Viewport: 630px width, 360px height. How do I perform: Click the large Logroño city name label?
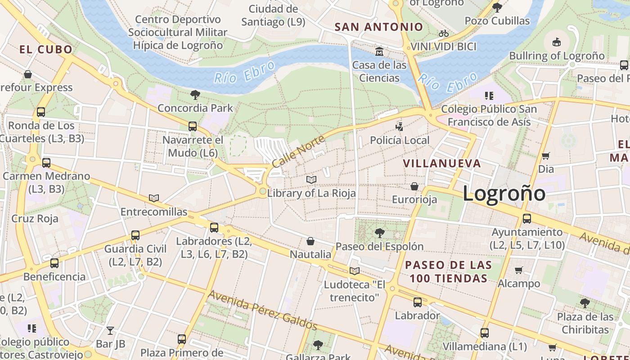504,193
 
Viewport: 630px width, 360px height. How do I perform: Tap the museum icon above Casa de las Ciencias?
379,51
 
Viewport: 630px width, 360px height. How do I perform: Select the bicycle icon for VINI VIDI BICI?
443,33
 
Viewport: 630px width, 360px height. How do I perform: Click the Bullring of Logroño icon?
557,42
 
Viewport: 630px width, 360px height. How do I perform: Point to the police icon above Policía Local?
399,126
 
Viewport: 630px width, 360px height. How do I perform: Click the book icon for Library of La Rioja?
311,180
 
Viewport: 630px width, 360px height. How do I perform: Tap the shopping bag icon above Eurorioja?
414,186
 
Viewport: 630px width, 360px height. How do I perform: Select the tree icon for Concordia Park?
195,94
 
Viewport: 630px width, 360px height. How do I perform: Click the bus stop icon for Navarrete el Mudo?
193,126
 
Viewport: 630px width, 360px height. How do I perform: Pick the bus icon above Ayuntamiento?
526,219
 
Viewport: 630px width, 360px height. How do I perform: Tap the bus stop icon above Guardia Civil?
135,235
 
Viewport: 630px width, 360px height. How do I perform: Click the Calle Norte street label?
298,152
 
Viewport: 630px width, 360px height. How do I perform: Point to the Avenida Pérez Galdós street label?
263,310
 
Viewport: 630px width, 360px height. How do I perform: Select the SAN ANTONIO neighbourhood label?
379,27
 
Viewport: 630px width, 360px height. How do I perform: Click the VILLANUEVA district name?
442,163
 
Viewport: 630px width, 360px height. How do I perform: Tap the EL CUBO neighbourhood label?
46,49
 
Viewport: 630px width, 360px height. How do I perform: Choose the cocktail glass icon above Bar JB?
110,331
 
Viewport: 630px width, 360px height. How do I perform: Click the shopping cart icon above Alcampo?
518,270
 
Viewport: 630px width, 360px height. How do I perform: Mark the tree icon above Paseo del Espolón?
379,233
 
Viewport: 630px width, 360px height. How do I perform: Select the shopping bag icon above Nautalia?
310,241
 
